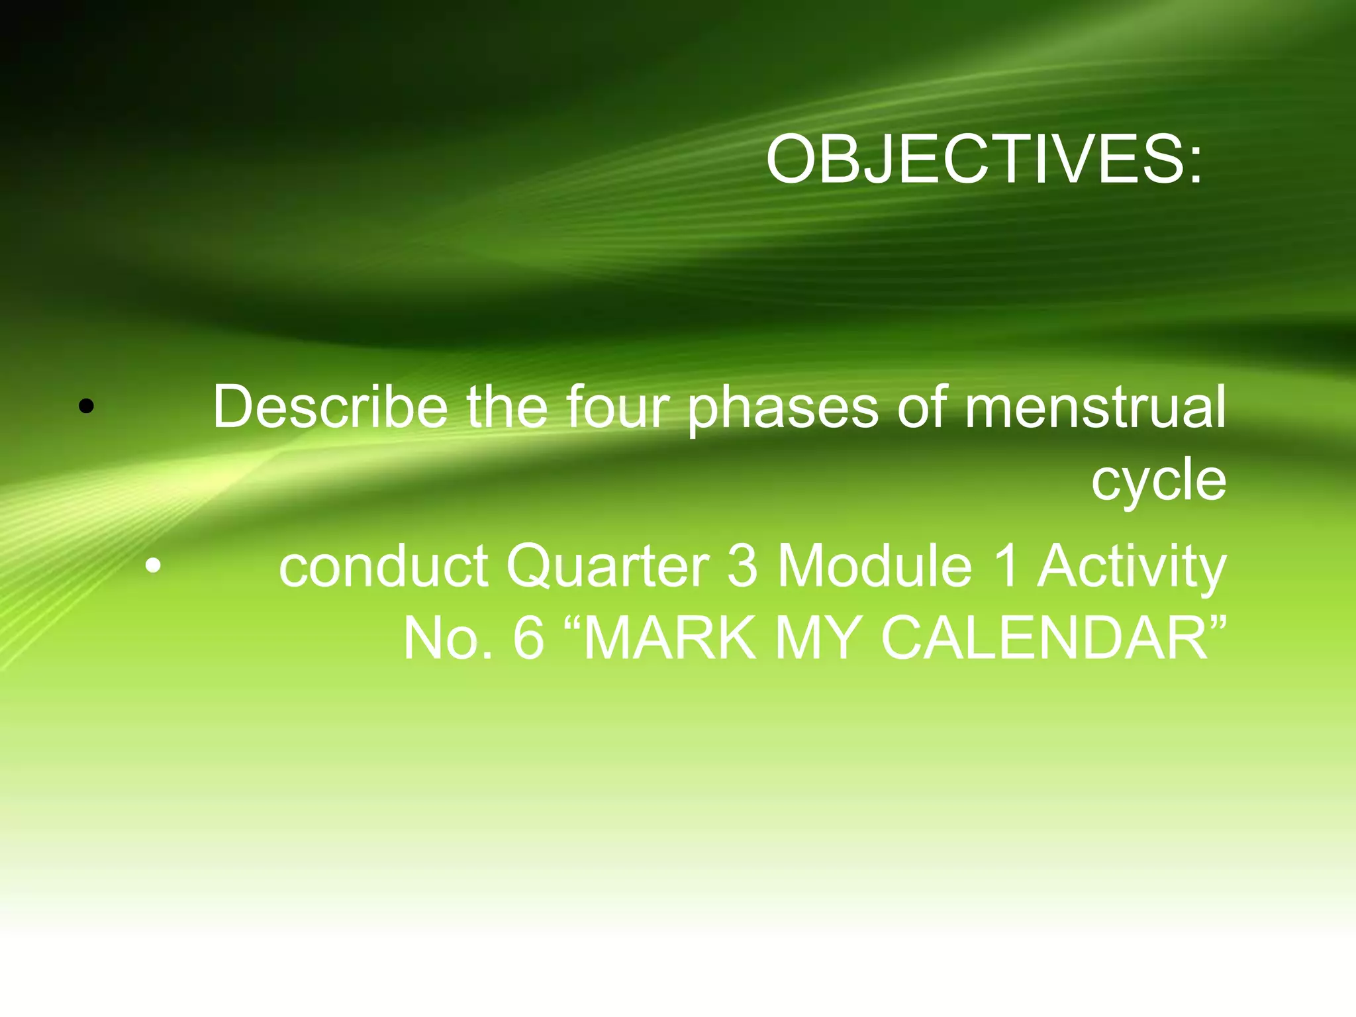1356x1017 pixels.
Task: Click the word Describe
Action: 330,407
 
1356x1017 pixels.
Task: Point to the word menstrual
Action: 1094,407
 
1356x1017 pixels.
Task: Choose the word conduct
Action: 383,567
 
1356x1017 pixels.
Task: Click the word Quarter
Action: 607,567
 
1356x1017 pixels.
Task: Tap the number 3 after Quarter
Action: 742,567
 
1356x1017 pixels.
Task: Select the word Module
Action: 874,567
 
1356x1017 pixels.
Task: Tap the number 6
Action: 528,638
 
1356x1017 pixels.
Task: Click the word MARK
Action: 669,638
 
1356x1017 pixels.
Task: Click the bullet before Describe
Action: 86,407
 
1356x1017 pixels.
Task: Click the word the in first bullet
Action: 507,407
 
